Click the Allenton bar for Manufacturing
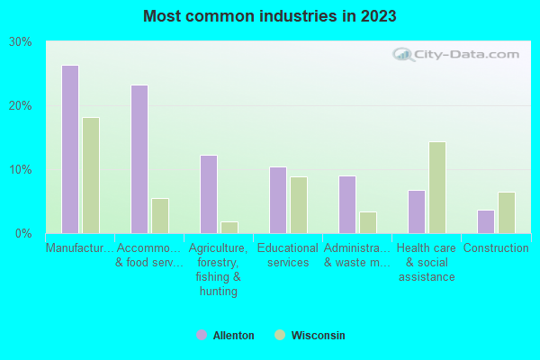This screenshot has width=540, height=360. pos(70,149)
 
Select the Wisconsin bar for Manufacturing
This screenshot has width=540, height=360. pos(91,175)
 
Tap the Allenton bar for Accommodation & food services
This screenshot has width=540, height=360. pos(139,159)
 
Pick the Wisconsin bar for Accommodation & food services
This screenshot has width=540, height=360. pos(160,216)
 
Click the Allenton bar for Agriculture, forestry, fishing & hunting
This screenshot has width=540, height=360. pos(209,194)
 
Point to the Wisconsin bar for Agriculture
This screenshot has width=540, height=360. pos(229,228)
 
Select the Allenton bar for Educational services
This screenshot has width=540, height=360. pos(278,200)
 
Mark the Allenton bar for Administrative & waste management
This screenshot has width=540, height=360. pos(347,204)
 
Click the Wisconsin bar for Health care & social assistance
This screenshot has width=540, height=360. pos(437,187)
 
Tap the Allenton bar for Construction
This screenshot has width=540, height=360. pos(486,221)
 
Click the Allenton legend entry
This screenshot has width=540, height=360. pos(225,336)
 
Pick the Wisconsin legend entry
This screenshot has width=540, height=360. pos(310,336)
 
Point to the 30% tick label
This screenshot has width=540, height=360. pos(21,42)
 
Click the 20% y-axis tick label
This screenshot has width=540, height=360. pos(21,106)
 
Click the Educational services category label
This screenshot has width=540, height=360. pos(288,256)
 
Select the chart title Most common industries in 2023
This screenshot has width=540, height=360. pos(270,16)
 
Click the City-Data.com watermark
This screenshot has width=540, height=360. pos(459,54)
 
